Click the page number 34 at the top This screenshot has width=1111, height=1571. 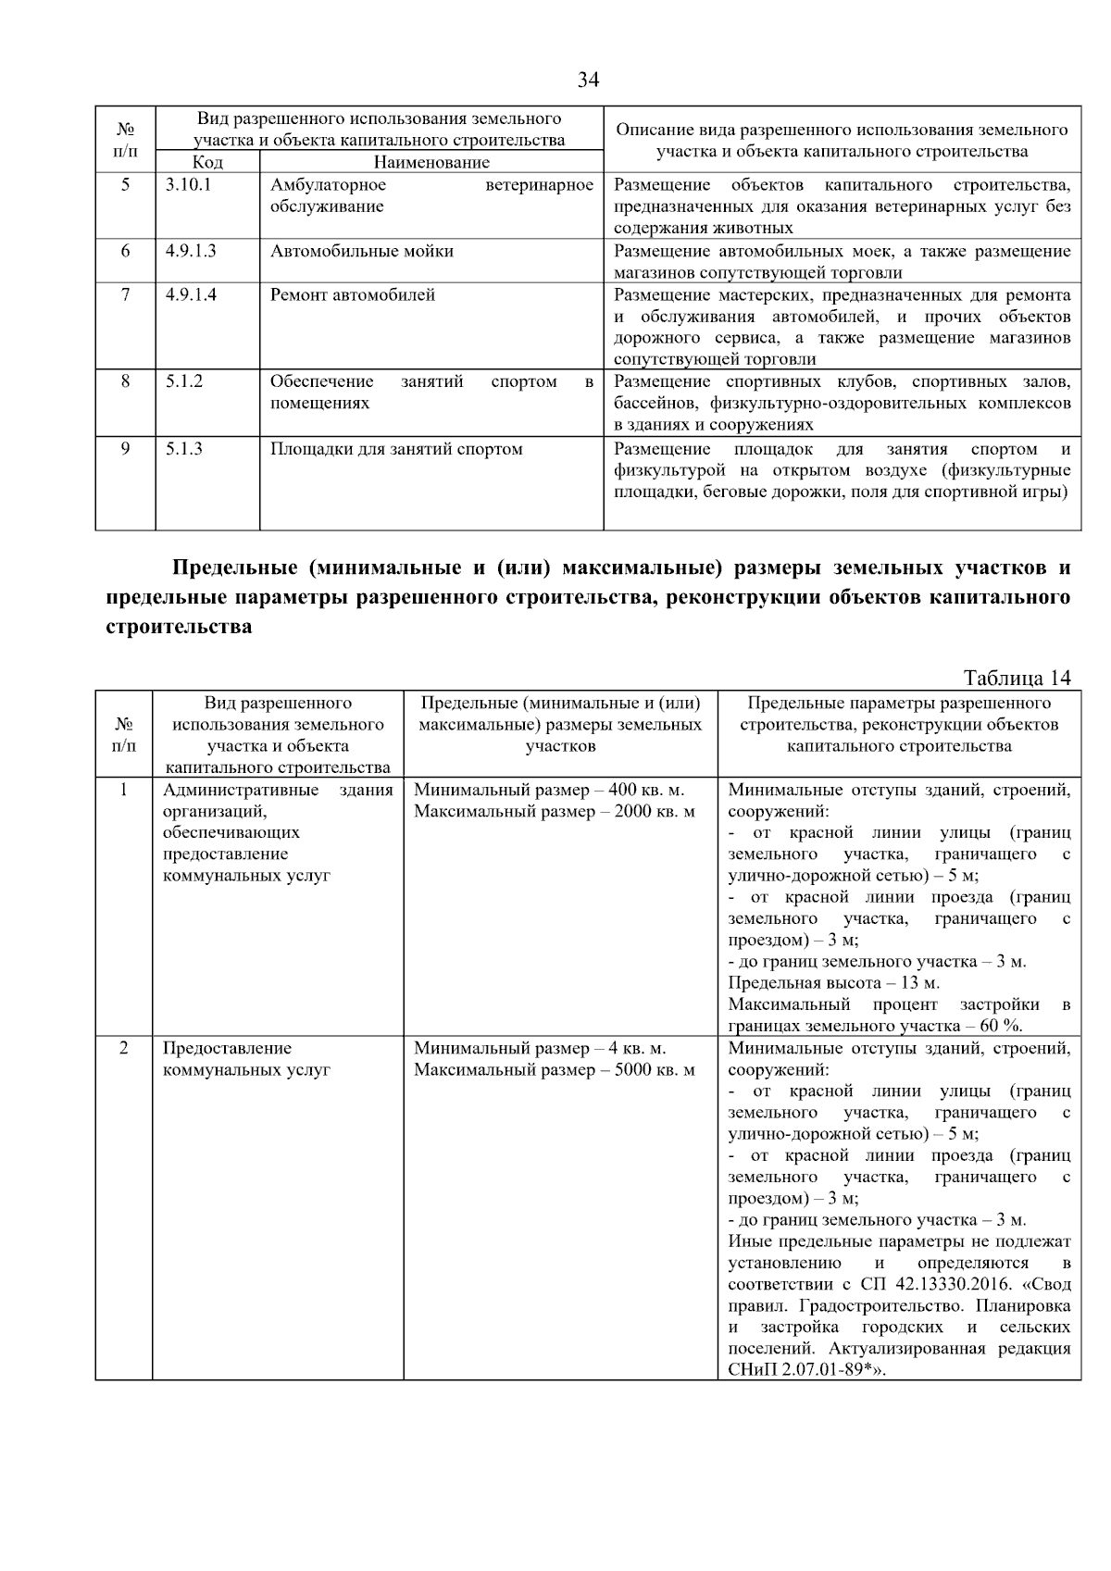click(x=588, y=81)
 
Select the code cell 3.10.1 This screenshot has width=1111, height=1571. click(x=189, y=185)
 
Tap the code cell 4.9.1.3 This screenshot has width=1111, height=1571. click(x=192, y=251)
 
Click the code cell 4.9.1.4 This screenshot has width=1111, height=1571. click(x=192, y=295)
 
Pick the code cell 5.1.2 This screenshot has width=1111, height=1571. click(x=184, y=381)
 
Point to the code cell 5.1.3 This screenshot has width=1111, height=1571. click(x=184, y=449)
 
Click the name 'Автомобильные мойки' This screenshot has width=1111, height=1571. click(x=362, y=251)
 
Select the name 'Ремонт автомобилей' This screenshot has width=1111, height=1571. click(x=353, y=295)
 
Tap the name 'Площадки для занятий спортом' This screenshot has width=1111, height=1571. click(x=396, y=449)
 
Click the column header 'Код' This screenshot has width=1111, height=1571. click(x=207, y=163)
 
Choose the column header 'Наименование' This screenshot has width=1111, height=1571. click(x=431, y=163)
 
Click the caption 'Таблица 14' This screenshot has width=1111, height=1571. click(x=1017, y=678)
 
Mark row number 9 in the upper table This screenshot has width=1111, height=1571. click(x=125, y=449)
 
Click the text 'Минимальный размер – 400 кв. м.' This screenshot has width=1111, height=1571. click(x=549, y=791)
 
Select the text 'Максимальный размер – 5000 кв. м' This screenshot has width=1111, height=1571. click(x=554, y=1070)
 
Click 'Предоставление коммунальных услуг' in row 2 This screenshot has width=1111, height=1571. click(x=246, y=1059)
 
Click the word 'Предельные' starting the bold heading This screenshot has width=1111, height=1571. click(x=233, y=567)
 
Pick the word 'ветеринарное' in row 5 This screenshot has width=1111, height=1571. click(x=539, y=185)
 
